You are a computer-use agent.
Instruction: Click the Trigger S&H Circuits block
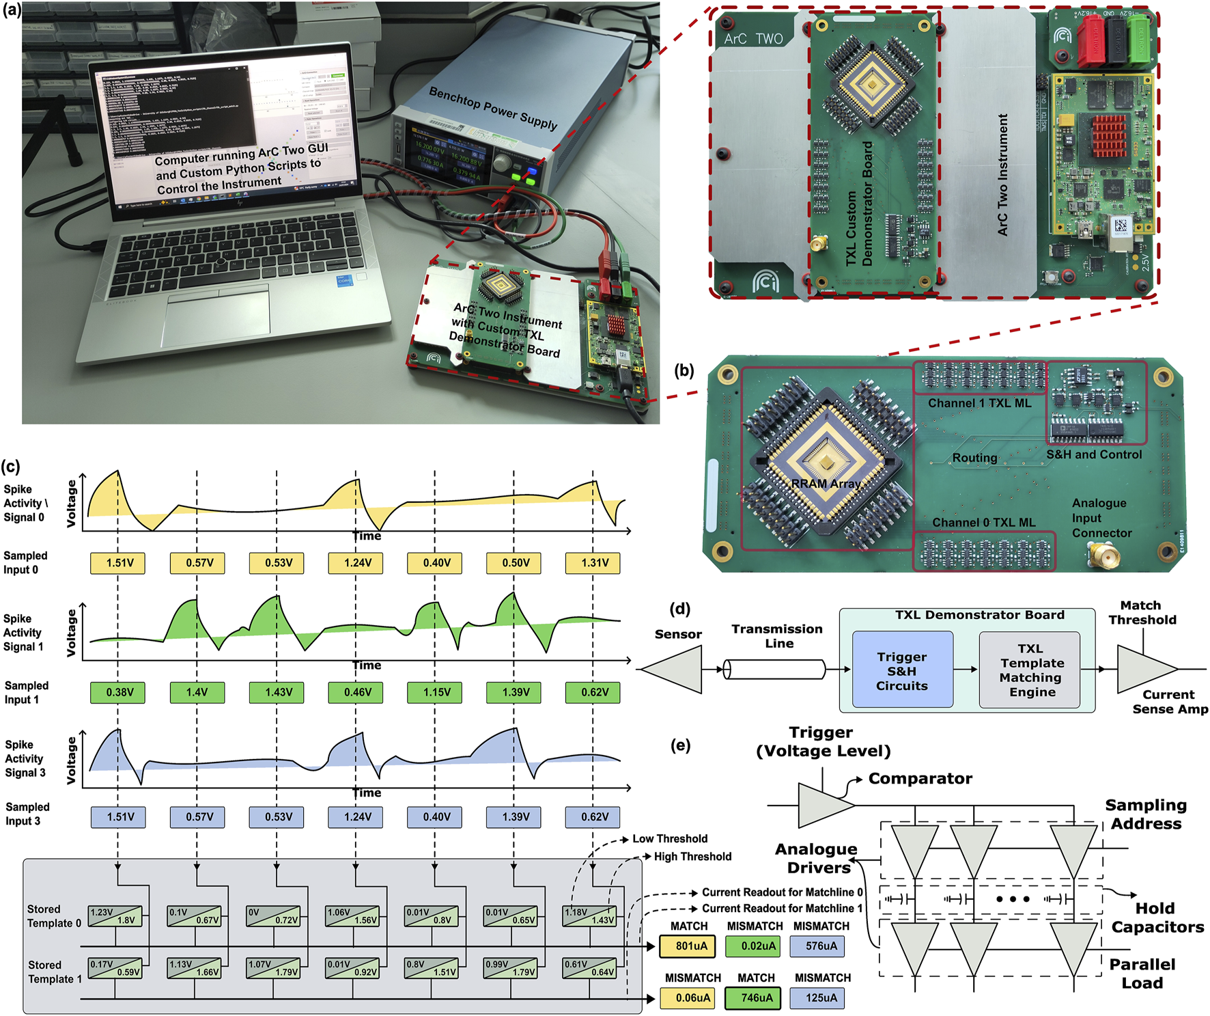pyautogui.click(x=901, y=670)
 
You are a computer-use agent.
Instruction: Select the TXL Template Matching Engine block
pyautogui.click(x=1030, y=670)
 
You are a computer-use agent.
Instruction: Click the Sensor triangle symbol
pyautogui.click(x=676, y=669)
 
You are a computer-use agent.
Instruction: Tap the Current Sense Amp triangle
pyautogui.click(x=1144, y=669)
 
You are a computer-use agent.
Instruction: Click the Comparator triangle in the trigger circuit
pyautogui.click(x=823, y=805)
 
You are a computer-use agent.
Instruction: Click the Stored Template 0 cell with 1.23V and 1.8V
pyautogui.click(x=115, y=916)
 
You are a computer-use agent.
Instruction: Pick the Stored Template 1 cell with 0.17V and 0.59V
pyautogui.click(x=115, y=968)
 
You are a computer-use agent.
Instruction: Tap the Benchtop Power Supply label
pyautogui.click(x=493, y=108)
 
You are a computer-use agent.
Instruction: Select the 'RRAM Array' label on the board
pyautogui.click(x=826, y=483)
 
